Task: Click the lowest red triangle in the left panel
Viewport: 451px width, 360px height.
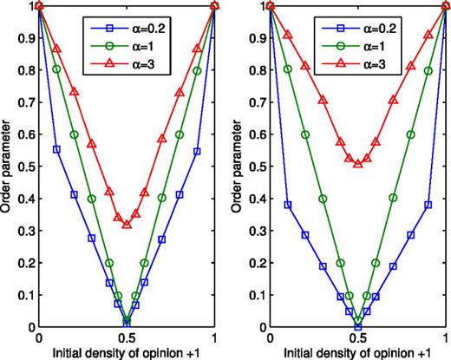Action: pos(127,225)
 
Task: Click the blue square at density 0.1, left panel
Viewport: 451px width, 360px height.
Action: pos(57,150)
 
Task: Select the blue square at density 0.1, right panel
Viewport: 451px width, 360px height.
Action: pos(288,206)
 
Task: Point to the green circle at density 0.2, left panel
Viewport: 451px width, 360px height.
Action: pos(75,134)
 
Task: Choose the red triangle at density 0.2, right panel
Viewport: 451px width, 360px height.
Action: pos(305,66)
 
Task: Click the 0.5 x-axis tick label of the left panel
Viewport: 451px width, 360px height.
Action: pos(127,339)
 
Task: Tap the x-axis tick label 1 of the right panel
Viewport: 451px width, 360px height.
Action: pos(446,339)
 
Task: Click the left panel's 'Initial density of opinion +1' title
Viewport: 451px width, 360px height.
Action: pos(127,352)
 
